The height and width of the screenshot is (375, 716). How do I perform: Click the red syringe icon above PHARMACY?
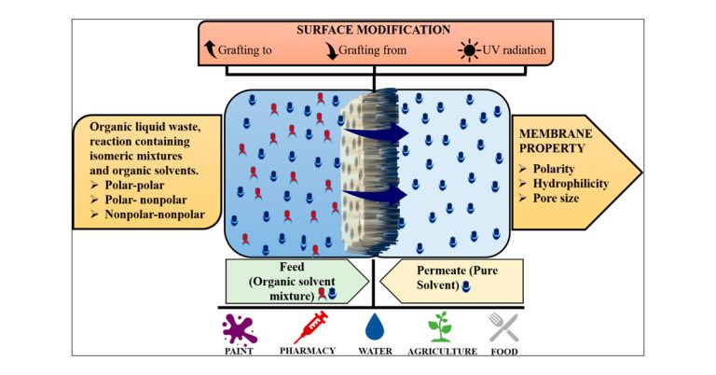[x=310, y=326]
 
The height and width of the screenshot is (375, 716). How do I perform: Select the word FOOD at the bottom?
[x=505, y=352]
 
